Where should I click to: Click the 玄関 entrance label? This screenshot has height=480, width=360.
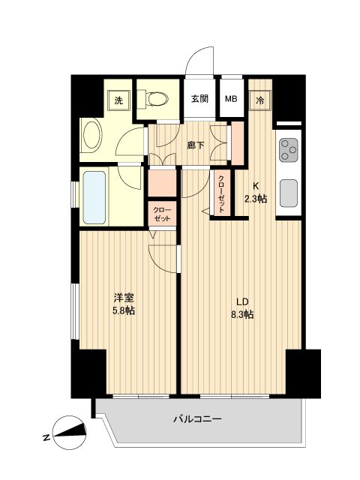coord(199,98)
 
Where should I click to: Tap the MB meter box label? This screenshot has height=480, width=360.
coord(231,98)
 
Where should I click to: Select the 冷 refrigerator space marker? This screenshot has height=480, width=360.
coord(260,98)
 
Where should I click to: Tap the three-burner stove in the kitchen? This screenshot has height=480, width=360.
coord(289,152)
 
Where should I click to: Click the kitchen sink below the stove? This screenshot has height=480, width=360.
coord(289,193)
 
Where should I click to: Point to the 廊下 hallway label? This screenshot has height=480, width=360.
coord(195,144)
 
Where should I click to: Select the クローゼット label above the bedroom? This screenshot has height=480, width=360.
coord(161,214)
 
